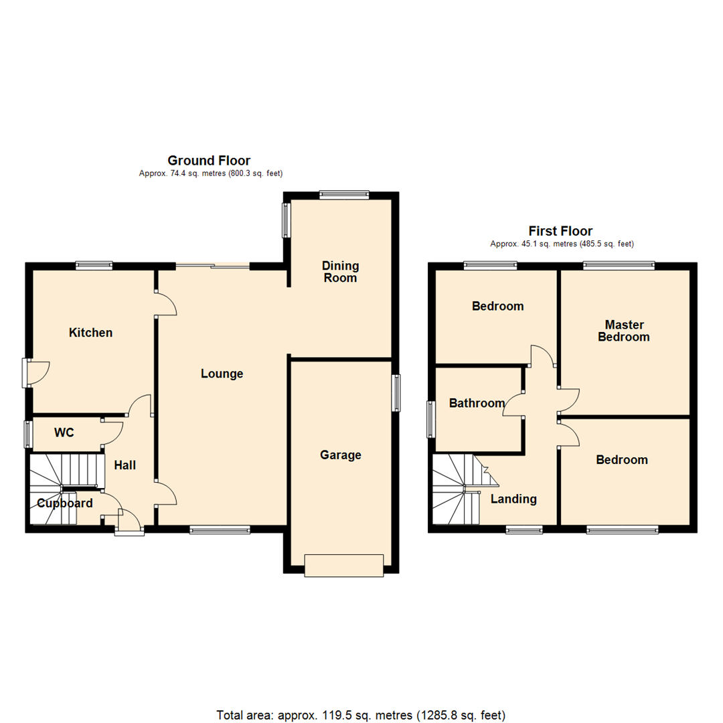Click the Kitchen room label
tap(91, 333)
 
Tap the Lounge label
tap(222, 374)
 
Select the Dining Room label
tap(340, 272)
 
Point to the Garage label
tap(340, 455)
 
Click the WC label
tap(64, 433)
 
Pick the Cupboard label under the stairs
tap(65, 503)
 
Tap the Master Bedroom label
tap(623, 331)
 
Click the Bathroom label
tap(477, 404)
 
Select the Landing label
tap(513, 499)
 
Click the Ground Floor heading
tap(209, 161)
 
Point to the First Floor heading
tap(561, 232)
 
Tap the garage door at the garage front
tap(344, 566)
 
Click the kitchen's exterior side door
tap(27, 372)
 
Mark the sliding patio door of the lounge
tap(213, 266)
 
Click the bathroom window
tap(432, 419)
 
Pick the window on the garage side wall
tap(396, 393)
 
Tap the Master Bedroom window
tap(619, 266)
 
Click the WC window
tap(28, 434)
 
